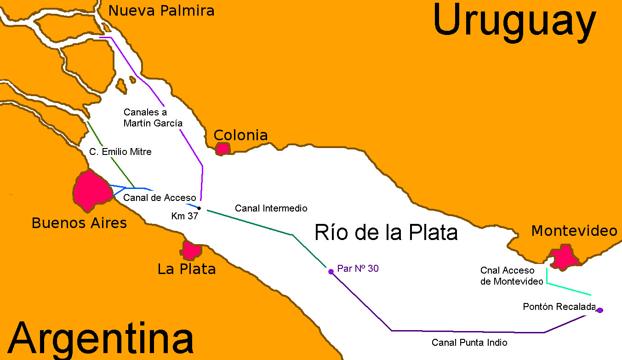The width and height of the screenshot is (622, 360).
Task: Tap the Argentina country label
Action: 100,340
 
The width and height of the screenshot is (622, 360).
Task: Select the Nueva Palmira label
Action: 161,11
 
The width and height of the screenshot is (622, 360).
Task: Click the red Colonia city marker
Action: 223,149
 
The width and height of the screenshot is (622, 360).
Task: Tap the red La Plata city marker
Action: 191,251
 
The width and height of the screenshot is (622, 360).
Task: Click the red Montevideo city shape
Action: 565,257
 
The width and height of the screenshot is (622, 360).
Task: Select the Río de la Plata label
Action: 386,232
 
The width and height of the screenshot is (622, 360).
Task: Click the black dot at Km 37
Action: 199,208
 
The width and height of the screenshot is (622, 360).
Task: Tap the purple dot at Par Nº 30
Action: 331,271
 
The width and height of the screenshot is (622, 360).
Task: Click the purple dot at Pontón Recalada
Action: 599,310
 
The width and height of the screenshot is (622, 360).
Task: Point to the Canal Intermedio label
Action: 271,208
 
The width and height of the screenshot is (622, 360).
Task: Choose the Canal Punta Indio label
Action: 469,343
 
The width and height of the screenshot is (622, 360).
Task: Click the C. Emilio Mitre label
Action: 120,151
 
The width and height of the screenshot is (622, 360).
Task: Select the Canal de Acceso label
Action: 160,198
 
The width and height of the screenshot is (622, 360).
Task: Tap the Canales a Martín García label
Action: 153,118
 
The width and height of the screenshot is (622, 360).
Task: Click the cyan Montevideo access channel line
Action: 568,289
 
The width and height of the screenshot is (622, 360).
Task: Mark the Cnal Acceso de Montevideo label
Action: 512,276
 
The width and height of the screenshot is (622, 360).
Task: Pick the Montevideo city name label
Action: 574,231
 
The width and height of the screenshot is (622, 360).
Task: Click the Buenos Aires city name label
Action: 79,223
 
